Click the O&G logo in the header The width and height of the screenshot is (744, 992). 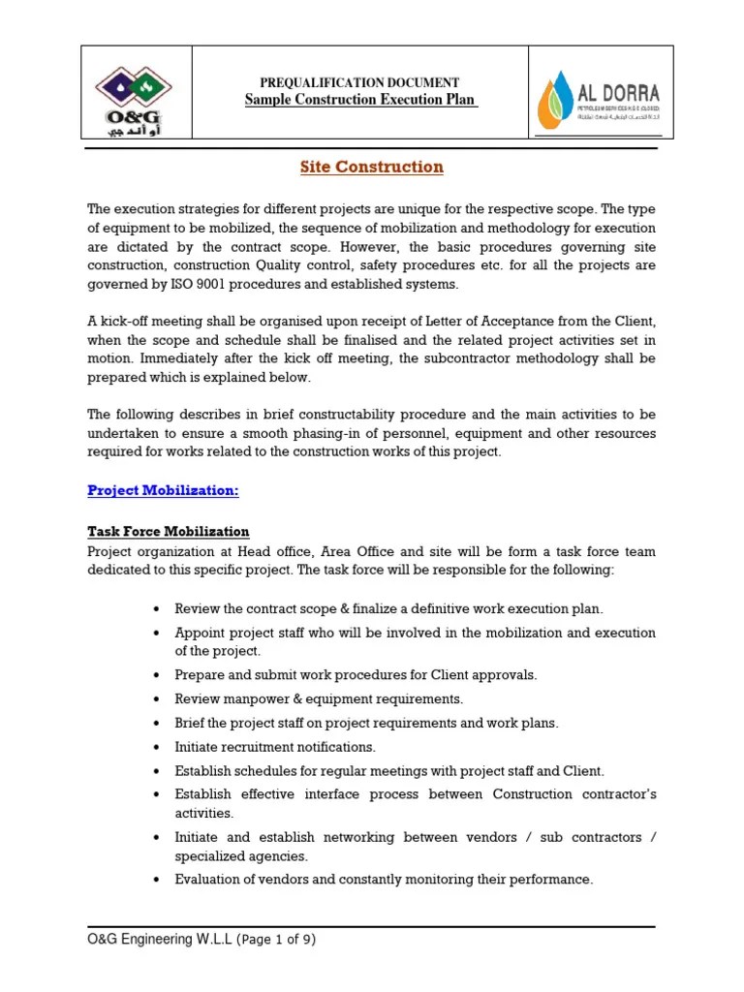(136, 94)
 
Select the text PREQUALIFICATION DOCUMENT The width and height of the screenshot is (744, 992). (359, 83)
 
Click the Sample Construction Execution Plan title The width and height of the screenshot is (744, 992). (360, 100)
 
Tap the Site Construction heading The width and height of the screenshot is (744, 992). (371, 167)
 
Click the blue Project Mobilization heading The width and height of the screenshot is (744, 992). (163, 490)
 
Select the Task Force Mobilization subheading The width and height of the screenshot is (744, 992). (169, 532)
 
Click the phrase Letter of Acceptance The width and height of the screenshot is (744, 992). (513, 322)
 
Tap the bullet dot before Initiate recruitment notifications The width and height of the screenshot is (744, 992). (157, 748)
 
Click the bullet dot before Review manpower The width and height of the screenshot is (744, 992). (157, 699)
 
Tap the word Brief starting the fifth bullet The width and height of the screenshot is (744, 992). (191, 723)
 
